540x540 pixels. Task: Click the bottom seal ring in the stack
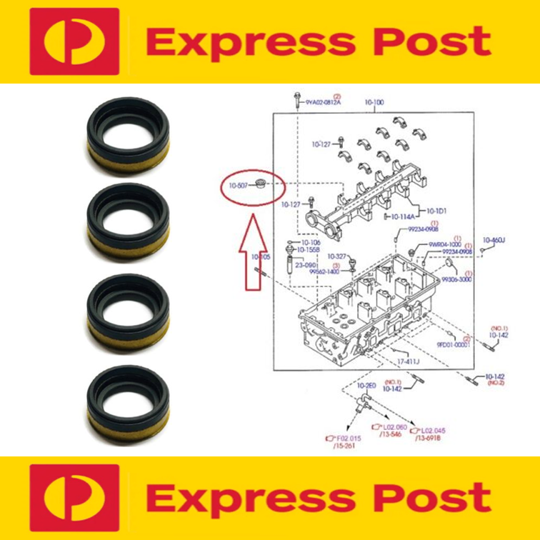(129, 399)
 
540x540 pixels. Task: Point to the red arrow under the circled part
(251, 257)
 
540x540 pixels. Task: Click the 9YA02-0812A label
(324, 103)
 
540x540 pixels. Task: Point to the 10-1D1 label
(436, 211)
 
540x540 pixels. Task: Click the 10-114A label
(403, 216)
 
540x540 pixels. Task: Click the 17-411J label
(408, 362)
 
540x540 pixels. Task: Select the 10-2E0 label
(366, 386)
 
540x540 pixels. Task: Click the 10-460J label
(494, 240)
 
